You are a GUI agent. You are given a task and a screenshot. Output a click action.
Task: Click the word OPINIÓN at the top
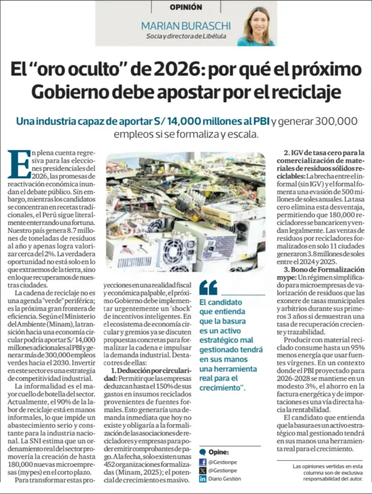tap(186, 7)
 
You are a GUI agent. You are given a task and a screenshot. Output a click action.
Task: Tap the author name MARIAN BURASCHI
tap(185, 25)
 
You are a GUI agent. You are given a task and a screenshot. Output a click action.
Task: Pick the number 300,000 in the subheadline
tap(329, 122)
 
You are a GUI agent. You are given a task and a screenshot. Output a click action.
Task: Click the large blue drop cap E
tap(19, 163)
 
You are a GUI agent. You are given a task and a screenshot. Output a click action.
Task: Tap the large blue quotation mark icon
tap(208, 287)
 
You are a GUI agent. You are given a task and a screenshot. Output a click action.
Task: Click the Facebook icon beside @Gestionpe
tap(202, 462)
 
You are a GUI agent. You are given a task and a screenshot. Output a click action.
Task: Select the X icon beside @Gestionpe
tap(202, 470)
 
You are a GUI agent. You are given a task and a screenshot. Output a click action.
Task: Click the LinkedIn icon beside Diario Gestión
tap(202, 479)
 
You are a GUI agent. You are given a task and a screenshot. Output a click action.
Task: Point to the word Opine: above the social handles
tap(219, 452)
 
